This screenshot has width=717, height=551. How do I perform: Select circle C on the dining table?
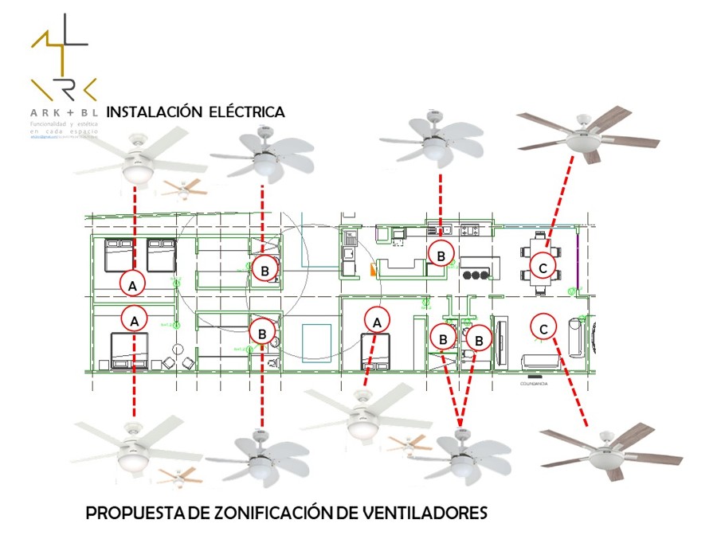[543, 268]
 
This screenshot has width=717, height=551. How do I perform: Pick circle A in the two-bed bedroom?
[133, 283]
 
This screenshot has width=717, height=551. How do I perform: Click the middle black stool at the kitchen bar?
[477, 275]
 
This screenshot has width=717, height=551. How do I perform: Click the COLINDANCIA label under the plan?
[533, 382]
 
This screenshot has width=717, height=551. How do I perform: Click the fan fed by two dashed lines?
[460, 455]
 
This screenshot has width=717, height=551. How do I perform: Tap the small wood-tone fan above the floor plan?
[183, 188]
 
